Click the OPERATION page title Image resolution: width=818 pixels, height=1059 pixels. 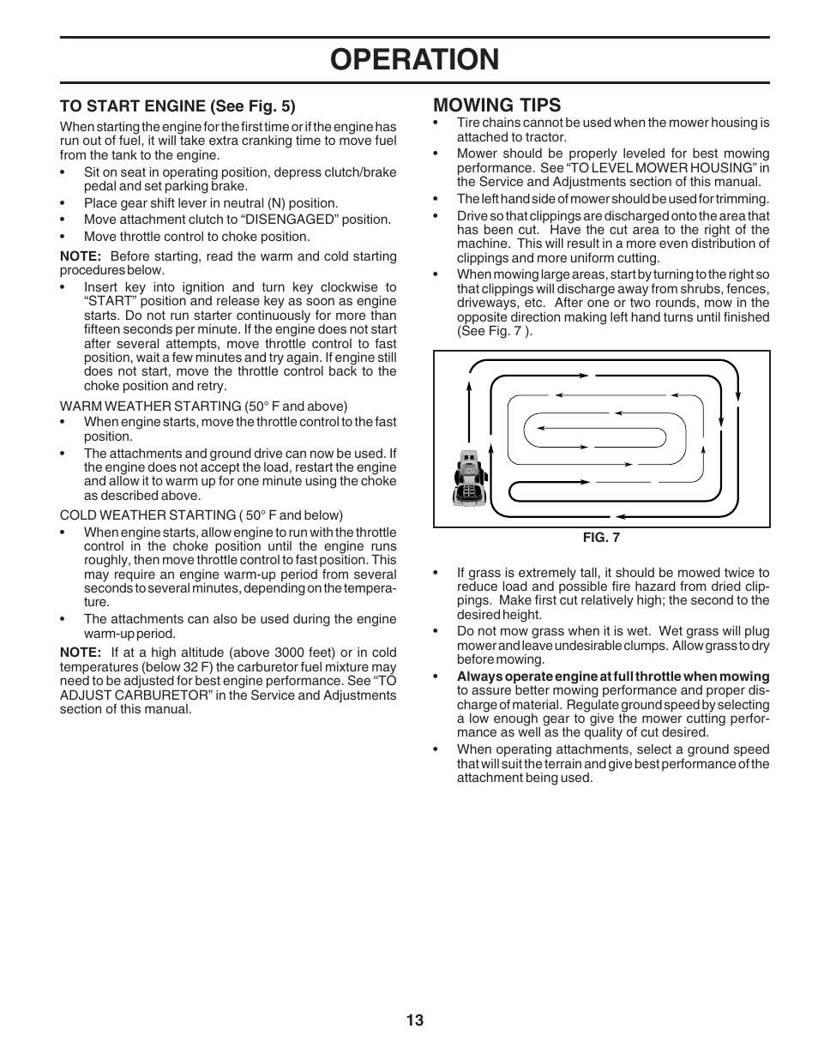[414, 59]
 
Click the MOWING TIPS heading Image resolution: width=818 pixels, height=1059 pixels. [496, 105]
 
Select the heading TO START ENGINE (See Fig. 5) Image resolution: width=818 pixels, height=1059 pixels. [177, 106]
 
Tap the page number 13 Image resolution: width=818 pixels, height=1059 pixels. [415, 1020]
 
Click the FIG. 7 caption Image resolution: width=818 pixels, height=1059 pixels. [601, 539]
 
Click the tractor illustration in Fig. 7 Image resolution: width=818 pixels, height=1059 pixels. [468, 478]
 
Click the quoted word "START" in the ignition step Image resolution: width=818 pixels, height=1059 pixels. [108, 302]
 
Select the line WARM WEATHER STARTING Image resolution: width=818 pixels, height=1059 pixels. [203, 406]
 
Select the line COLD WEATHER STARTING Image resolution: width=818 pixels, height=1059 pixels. [201, 515]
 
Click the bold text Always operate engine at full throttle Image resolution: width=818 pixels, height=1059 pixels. [612, 677]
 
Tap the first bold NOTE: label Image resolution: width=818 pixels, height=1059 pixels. [81, 256]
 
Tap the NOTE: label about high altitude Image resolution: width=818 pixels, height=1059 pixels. [81, 652]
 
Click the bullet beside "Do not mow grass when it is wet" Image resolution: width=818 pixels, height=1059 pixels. [436, 632]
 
